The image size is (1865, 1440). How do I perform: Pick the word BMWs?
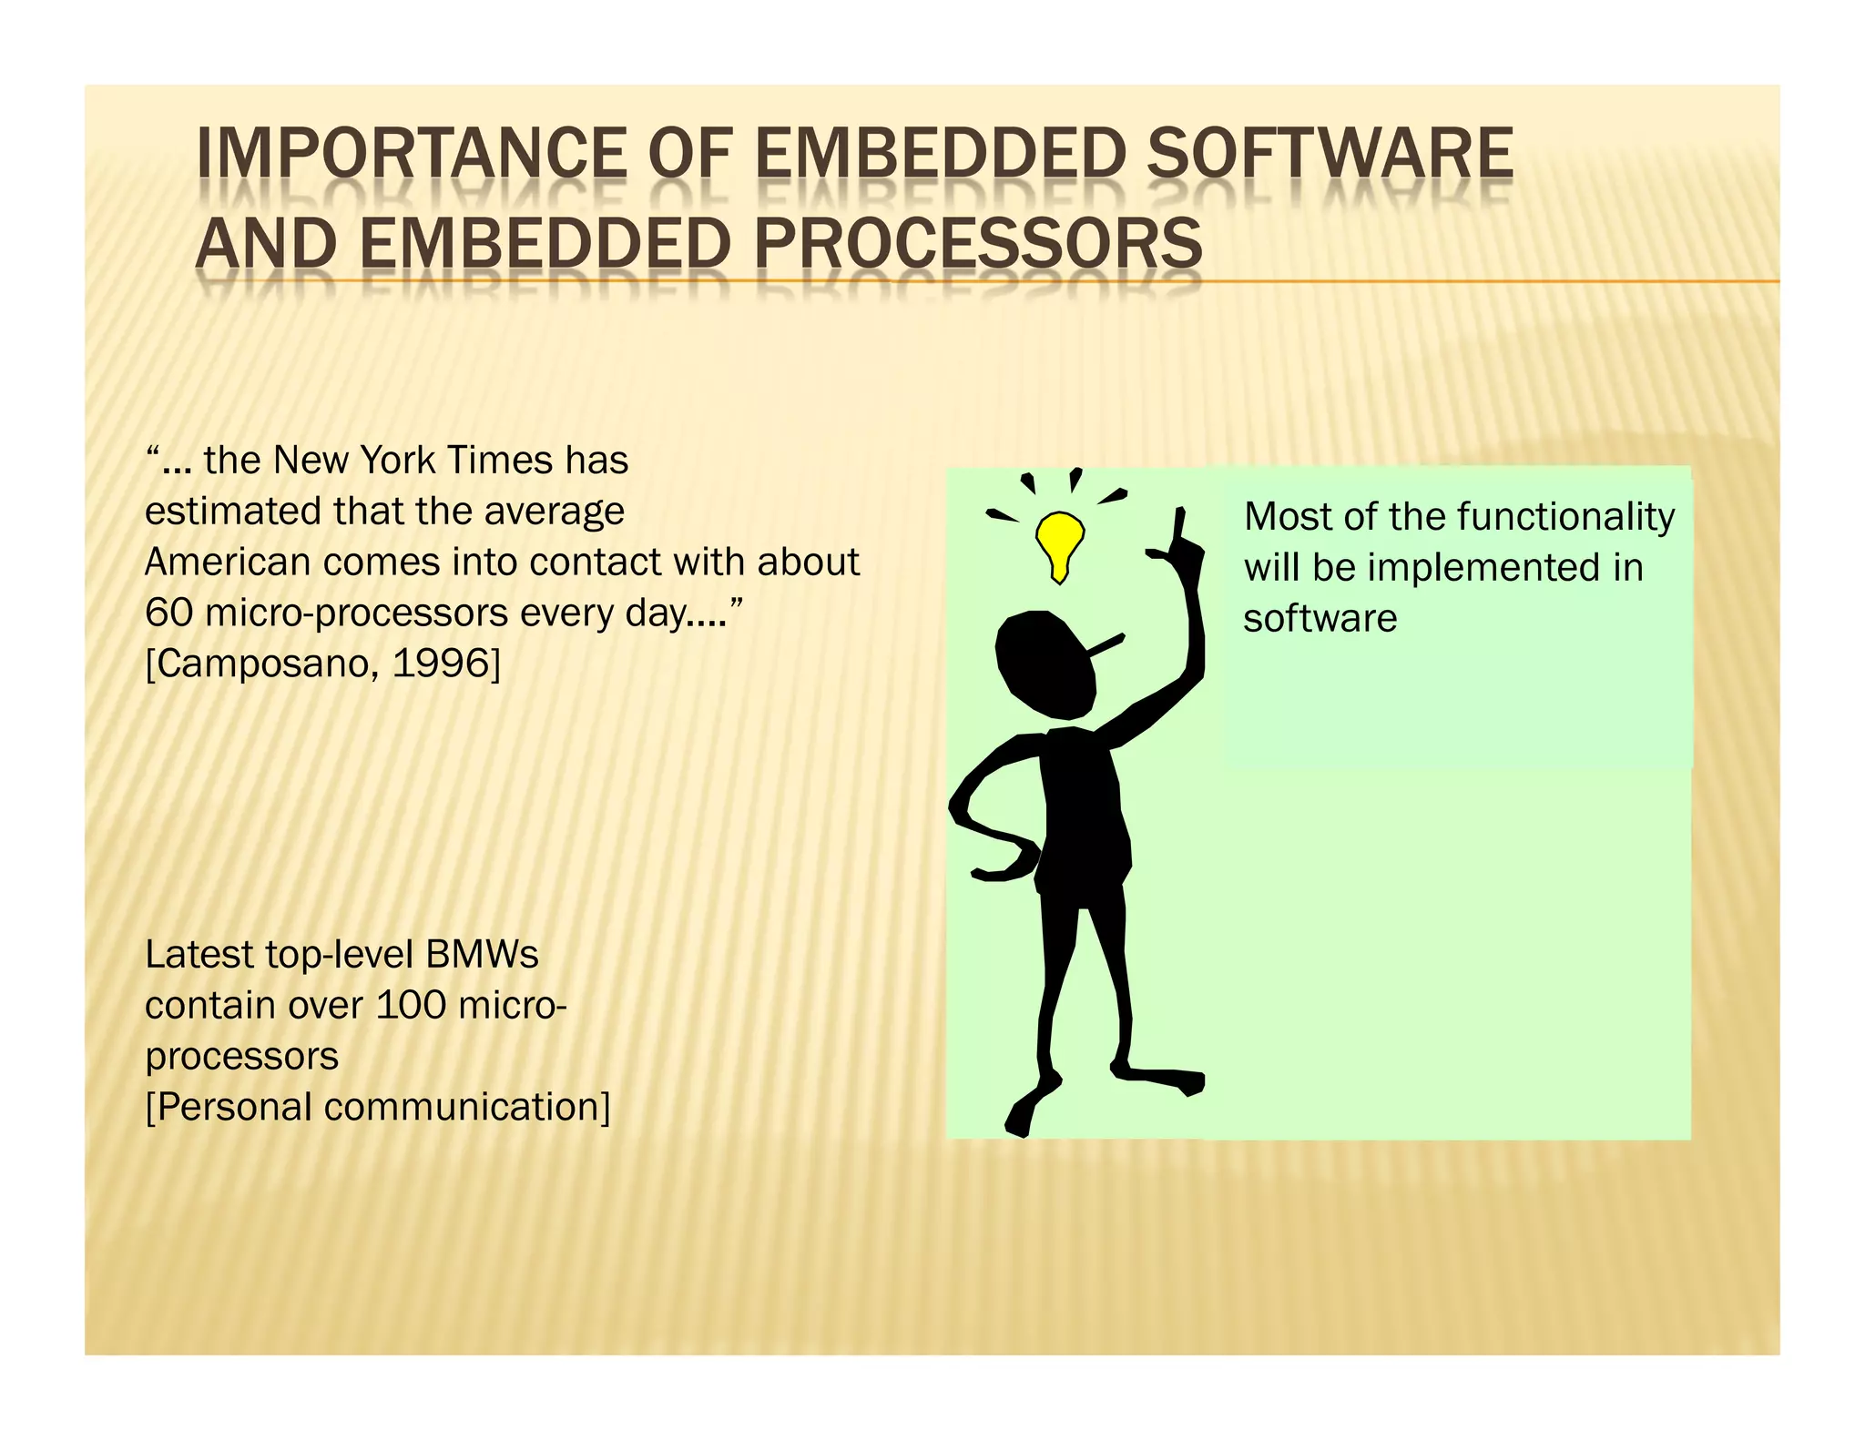482,955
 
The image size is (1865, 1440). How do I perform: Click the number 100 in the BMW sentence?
411,1005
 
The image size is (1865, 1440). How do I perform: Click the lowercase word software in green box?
1320,619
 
